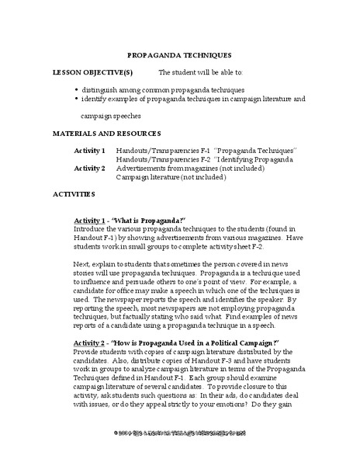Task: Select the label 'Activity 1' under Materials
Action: pyautogui.click(x=89, y=149)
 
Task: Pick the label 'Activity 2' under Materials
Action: pyautogui.click(x=89, y=167)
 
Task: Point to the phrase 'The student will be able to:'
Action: pyautogui.click(x=200, y=71)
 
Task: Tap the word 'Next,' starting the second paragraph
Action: pyautogui.click(x=82, y=265)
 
